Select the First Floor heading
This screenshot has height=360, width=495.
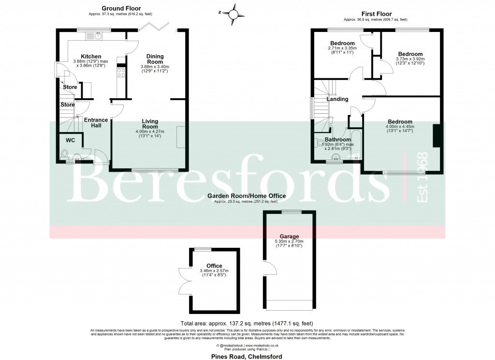click(376, 14)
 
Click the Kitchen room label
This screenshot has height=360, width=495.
click(91, 57)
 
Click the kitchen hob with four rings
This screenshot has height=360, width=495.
click(121, 73)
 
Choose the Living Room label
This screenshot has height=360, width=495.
click(150, 123)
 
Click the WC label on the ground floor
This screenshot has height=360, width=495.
click(70, 140)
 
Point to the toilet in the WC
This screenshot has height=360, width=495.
click(65, 154)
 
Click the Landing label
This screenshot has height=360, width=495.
click(337, 99)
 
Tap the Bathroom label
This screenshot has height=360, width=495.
click(337, 139)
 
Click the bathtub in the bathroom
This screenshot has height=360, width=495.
click(356, 144)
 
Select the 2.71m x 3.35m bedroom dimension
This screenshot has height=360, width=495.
click(342, 48)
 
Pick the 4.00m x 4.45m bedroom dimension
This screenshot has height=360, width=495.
click(400, 127)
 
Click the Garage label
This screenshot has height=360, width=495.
click(289, 237)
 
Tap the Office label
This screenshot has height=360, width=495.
click(214, 266)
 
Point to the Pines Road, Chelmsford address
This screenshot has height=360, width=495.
click(247, 356)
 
